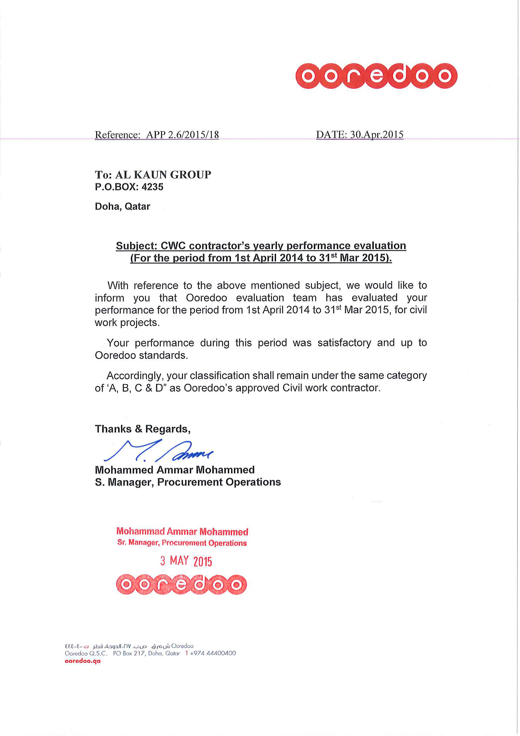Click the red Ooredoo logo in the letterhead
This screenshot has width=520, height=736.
pyautogui.click(x=376, y=76)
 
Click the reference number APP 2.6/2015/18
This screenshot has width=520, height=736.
pyautogui.click(x=182, y=135)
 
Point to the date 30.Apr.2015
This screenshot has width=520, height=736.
pyautogui.click(x=376, y=135)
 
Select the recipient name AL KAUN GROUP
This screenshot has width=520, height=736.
pyautogui.click(x=163, y=175)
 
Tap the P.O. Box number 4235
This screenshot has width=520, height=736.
pyautogui.click(x=152, y=187)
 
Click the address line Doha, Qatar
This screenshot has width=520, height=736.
pyautogui.click(x=122, y=206)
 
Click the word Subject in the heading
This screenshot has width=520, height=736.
pyautogui.click(x=136, y=246)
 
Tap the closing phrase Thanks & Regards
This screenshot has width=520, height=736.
pyautogui.click(x=142, y=429)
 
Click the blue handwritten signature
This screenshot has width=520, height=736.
pyautogui.click(x=158, y=450)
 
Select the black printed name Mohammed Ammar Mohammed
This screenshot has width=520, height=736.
pyautogui.click(x=174, y=470)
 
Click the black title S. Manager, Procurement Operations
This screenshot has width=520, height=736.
pyautogui.click(x=188, y=482)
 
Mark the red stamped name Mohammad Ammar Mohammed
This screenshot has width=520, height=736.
pyautogui.click(x=182, y=532)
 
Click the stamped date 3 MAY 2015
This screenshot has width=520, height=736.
pyautogui.click(x=186, y=561)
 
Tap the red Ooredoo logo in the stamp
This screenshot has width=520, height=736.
pyautogui.click(x=181, y=584)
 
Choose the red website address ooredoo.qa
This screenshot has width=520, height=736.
pyautogui.click(x=83, y=661)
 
